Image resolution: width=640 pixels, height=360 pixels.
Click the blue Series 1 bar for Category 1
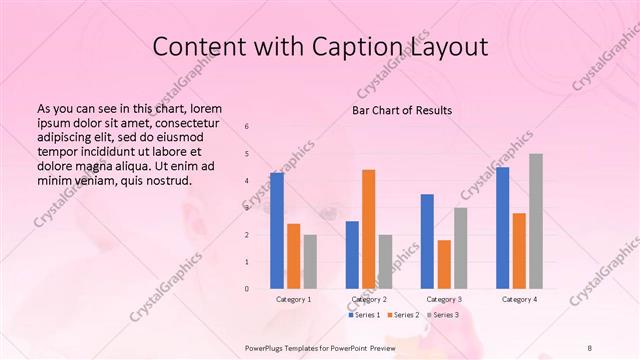277,230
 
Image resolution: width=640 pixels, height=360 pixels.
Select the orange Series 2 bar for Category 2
368,229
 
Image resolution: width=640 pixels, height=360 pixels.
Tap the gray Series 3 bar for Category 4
536,221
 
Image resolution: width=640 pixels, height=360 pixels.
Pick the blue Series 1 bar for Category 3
427,241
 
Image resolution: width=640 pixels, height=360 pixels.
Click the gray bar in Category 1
310,261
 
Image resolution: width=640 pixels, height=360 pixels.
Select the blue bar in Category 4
502,227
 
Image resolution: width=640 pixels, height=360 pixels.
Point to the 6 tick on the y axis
247,127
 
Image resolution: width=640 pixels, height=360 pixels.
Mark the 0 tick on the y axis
247,289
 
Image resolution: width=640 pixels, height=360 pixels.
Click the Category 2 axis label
369,299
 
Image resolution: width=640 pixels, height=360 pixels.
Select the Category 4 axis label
519,299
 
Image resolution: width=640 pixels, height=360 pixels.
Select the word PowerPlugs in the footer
266,345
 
